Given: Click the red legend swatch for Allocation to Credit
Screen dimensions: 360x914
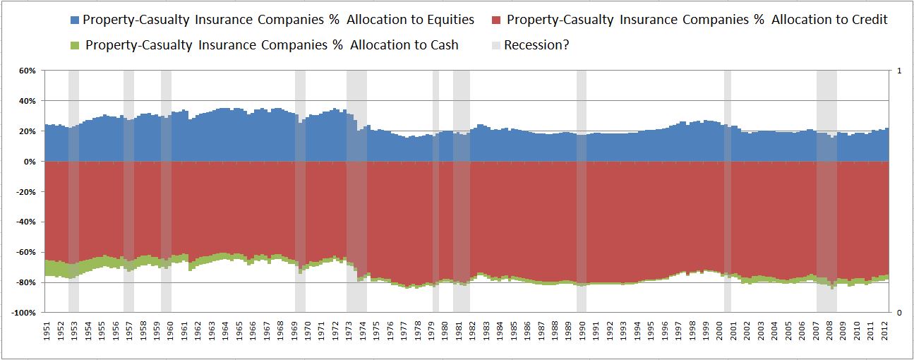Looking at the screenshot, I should pos(497,20).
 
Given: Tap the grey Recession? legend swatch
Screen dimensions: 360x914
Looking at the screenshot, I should pos(497,45).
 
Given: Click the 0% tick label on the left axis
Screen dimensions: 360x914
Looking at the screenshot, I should pos(30,162).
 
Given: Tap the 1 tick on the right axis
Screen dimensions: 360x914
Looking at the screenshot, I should pos(898,71).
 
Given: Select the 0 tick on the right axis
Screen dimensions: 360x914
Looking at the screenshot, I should pos(898,313).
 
